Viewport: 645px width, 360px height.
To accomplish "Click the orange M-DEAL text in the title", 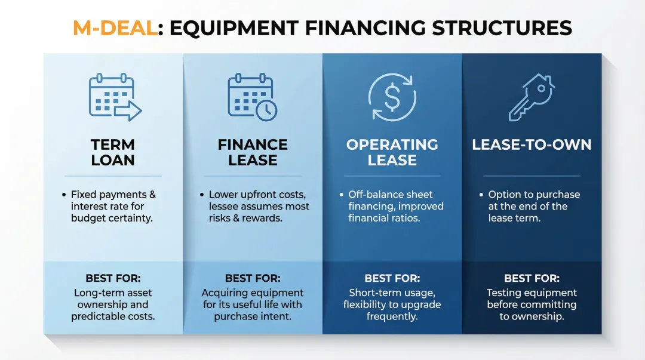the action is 115,28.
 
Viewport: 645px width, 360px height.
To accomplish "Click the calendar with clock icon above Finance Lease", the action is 253,97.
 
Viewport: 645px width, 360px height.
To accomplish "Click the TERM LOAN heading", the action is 113,152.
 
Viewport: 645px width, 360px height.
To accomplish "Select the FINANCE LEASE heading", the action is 253,152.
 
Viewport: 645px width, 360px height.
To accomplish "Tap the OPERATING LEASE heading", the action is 392,152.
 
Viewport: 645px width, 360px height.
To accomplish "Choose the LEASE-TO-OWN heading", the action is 532,144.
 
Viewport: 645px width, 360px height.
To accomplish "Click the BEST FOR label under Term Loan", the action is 113,278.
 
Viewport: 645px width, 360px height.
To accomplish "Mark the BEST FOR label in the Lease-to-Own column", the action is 532,278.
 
